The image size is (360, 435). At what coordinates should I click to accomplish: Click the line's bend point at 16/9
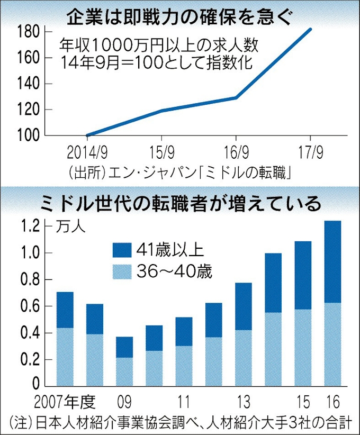click(x=236, y=97)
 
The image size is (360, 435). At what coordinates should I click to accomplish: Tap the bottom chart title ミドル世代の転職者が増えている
click(x=180, y=203)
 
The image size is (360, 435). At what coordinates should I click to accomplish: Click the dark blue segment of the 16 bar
click(x=332, y=262)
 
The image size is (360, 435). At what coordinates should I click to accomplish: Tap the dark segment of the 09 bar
click(x=124, y=347)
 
